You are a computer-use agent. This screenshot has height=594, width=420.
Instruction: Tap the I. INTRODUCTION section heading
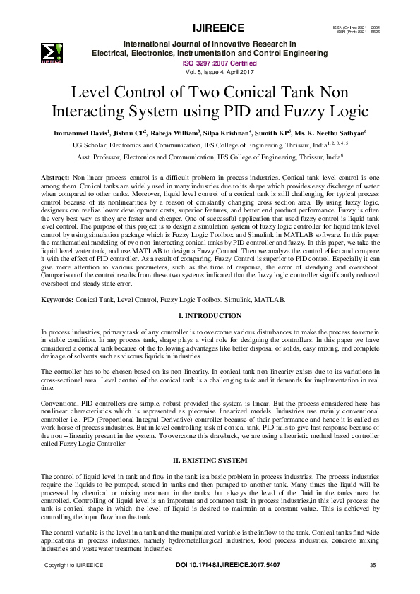coord(210,315)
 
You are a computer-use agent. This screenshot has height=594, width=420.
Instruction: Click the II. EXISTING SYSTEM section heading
coord(210,460)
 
